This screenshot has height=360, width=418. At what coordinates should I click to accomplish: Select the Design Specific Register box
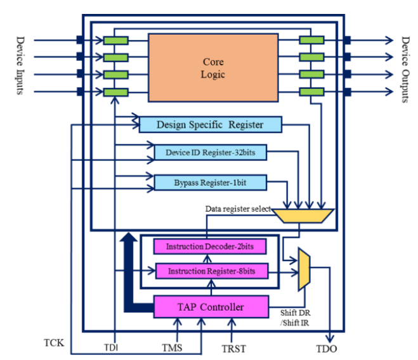(x=209, y=124)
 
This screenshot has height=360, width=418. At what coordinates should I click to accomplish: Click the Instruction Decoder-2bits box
(x=211, y=246)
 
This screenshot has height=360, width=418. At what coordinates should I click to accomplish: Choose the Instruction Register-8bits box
(x=212, y=271)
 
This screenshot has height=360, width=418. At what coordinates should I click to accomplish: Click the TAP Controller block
(x=211, y=307)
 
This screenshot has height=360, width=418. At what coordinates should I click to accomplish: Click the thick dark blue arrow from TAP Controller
(x=129, y=273)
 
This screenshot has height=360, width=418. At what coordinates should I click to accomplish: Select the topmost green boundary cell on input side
(x=116, y=41)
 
